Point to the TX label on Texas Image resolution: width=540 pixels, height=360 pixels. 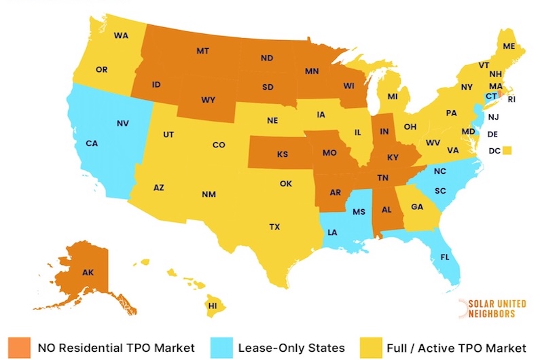coord(274,226)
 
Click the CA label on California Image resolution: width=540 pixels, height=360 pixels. coord(92,143)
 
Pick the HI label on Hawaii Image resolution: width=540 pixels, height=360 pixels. coord(212,306)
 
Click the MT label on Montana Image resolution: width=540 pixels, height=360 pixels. coord(202,51)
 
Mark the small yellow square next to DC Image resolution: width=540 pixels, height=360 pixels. coord(506,151)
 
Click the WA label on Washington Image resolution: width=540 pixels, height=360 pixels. coord(122,35)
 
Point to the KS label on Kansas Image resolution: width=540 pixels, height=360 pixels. coord(282,154)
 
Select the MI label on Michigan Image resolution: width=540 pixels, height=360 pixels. coord(393,97)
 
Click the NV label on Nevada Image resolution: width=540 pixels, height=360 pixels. coord(123,124)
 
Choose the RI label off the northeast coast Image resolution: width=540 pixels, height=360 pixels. coord(511,99)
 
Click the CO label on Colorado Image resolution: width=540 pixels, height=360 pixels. coord(219,145)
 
